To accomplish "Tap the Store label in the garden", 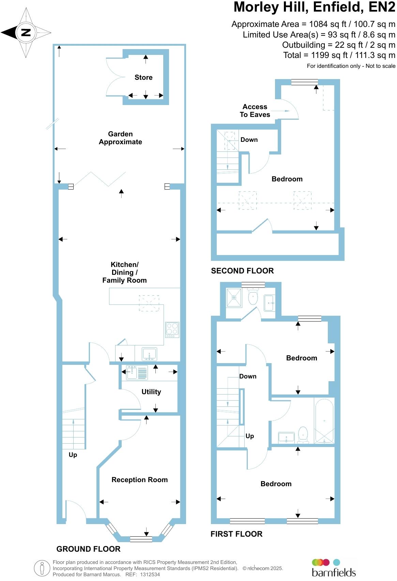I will (x=143, y=77).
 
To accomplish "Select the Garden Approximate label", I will (x=120, y=138).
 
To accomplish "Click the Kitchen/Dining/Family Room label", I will (x=124, y=272).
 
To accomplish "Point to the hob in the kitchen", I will (x=172, y=329).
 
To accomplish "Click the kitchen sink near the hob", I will (x=149, y=354).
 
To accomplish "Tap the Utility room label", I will (x=151, y=392).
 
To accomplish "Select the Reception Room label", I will (x=140, y=480).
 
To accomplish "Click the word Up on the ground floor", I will (x=73, y=455).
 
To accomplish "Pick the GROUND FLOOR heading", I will (x=89, y=549).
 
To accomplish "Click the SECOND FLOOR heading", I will (x=242, y=271).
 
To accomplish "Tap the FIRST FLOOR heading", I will (x=236, y=534).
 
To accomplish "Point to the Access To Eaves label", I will (x=255, y=111).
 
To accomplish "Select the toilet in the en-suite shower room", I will (x=253, y=297).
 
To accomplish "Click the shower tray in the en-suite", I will (x=234, y=298).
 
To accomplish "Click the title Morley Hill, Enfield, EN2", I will (x=314, y=8).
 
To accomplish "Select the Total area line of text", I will (x=339, y=55).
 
